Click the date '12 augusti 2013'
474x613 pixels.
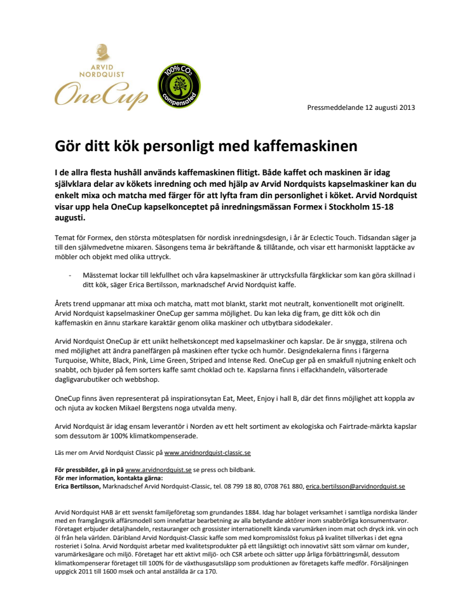coord(389,107)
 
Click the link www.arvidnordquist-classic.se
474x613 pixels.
coord(207,453)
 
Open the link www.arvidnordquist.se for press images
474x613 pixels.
coord(158,469)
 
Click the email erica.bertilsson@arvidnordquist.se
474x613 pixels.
coord(355,486)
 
